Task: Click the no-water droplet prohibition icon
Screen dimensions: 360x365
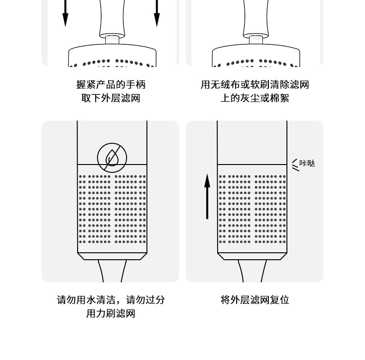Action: coord(112,158)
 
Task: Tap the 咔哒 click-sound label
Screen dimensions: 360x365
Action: coord(307,164)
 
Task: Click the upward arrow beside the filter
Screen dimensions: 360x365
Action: coord(207,196)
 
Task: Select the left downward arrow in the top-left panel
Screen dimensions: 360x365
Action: coord(65,14)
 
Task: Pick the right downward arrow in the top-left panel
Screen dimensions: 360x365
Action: coord(157,14)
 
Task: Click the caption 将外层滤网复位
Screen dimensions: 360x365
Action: coord(255,300)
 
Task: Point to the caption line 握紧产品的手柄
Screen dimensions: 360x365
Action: coord(110,85)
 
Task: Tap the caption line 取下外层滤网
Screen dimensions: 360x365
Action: coord(110,98)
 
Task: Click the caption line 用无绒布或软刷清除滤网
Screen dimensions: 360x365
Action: coord(255,85)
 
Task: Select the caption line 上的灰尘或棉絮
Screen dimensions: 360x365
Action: coord(255,98)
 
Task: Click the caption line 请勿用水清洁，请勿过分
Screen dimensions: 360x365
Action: coord(110,300)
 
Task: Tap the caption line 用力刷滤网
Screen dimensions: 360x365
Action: coord(110,314)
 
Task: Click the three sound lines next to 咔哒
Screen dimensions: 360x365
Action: coord(295,165)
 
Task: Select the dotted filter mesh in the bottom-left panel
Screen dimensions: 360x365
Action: coord(112,208)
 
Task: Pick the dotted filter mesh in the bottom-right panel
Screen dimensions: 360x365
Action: coord(252,208)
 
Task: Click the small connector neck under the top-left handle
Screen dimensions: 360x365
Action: coord(112,40)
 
